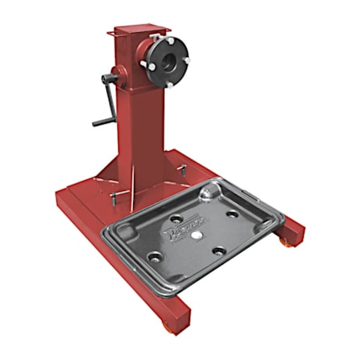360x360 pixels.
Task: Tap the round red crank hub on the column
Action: point(117,76)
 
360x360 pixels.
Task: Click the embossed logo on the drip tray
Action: point(175,230)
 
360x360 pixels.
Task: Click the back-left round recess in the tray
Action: point(175,218)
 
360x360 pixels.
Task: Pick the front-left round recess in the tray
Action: point(155,257)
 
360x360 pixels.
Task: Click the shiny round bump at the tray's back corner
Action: point(206,190)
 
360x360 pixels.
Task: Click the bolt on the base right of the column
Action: point(182,168)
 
